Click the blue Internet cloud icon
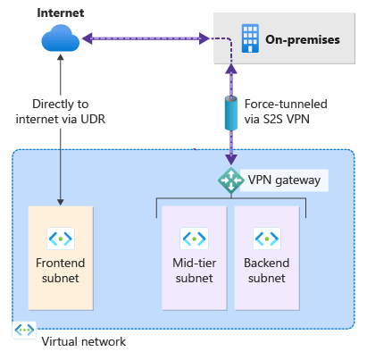61,38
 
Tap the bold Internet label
61,13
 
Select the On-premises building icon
250,38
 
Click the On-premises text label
303,39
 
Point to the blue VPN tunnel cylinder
231,113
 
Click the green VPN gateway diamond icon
230,180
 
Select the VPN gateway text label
284,180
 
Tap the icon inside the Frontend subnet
61,239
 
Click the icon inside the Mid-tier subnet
194,239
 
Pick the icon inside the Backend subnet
267,239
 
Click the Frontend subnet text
61,271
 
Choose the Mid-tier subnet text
194,271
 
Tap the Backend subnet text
267,271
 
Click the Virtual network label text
84,341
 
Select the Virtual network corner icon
24,330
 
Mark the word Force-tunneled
286,104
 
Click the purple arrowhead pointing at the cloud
87,38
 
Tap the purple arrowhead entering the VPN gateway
231,160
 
